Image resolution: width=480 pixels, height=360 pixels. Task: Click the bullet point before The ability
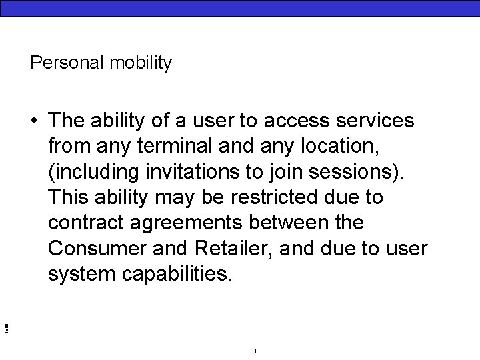(33, 121)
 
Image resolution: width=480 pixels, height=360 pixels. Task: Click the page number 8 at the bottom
(255, 351)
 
